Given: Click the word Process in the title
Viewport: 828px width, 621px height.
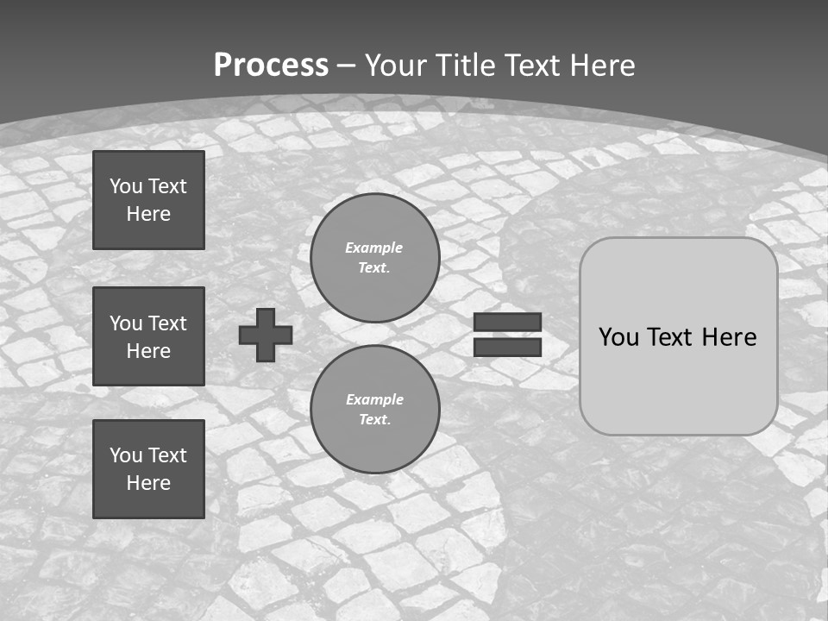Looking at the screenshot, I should tap(271, 65).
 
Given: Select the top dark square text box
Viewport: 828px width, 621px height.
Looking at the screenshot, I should tap(148, 200).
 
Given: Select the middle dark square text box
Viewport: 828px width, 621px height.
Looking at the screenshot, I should tap(148, 336).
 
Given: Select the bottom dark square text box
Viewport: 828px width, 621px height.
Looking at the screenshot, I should tap(148, 469).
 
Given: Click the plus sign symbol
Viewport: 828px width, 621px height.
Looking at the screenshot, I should tap(266, 335).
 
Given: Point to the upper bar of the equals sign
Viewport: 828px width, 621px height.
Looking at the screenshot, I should tap(507, 322).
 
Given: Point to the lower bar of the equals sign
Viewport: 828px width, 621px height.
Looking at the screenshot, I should tap(507, 347).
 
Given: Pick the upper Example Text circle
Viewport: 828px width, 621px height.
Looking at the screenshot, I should tap(375, 257).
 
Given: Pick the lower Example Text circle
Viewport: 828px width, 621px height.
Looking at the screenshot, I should tap(375, 409).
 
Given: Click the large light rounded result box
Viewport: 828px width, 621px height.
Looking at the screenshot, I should tap(679, 336).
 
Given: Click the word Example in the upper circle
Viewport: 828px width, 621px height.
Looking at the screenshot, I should tap(373, 248).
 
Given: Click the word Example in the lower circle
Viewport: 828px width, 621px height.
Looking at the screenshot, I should tap(374, 399).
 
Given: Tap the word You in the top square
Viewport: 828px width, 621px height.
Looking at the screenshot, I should tap(125, 186).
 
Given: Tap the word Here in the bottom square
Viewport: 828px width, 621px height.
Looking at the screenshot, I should tap(148, 483).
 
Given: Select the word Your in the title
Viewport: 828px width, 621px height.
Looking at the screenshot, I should tap(396, 65).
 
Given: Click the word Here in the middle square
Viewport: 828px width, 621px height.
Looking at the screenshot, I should tap(148, 351).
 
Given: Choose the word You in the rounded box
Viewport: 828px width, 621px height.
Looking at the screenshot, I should tap(618, 337).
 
